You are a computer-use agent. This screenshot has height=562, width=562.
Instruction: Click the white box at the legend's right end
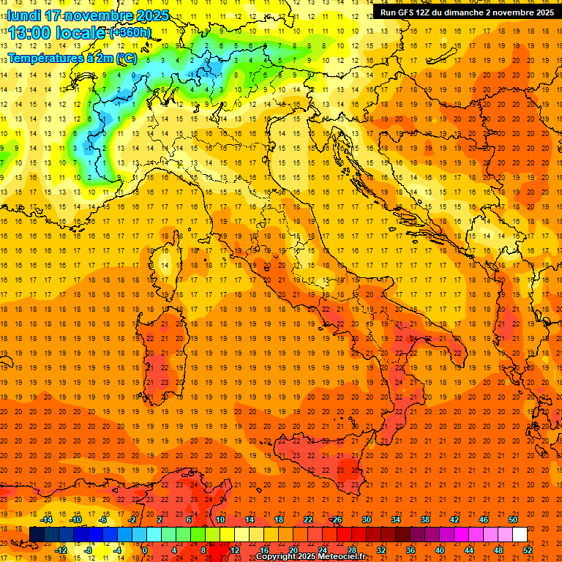click(520, 534)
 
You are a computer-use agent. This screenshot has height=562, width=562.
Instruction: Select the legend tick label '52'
click(528, 550)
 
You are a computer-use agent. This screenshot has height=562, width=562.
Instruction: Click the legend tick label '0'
click(145, 550)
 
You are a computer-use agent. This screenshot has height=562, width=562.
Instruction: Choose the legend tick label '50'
click(513, 520)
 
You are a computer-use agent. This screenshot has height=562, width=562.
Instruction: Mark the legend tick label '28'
click(351, 550)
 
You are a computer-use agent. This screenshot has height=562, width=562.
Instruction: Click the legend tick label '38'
click(425, 520)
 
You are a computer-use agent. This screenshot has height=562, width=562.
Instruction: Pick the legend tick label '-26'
click(336, 520)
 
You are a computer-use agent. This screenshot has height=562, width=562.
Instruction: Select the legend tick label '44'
click(469, 550)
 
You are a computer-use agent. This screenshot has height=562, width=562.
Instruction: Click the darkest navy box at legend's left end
click(37, 534)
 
